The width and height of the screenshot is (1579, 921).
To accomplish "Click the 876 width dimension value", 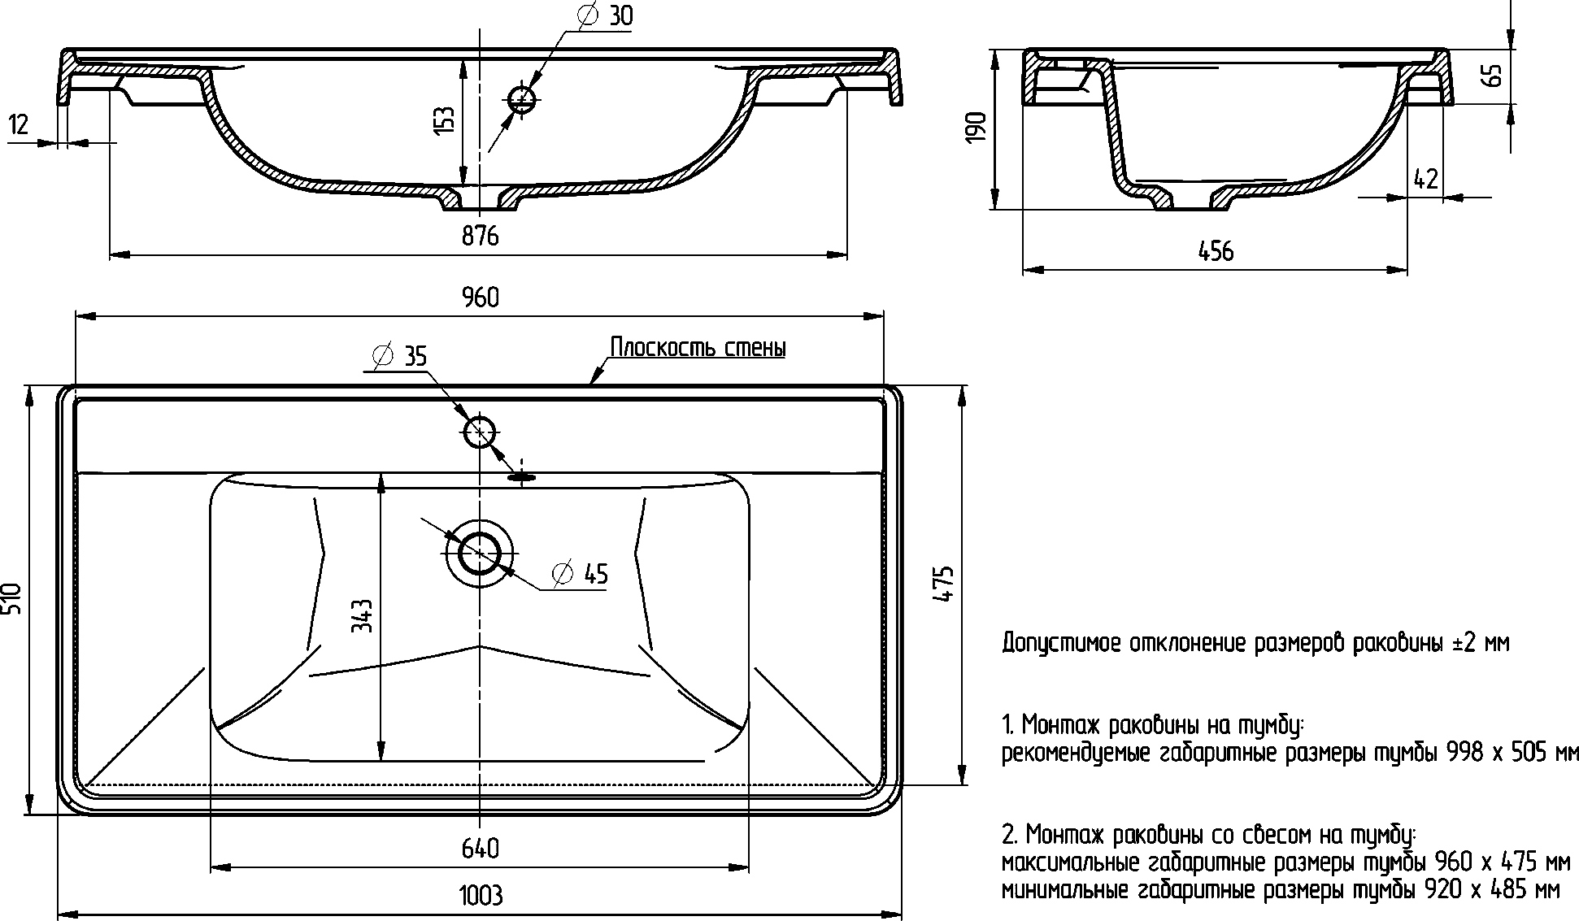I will [480, 236].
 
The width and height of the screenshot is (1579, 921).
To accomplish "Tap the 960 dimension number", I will [481, 298].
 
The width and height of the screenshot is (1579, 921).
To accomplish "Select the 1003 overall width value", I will [481, 896].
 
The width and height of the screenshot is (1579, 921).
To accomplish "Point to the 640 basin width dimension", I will [480, 849].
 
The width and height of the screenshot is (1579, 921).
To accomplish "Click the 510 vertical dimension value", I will [11, 599].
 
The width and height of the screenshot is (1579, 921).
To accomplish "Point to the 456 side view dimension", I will [1216, 251].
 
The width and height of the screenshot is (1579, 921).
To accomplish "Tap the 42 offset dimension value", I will [1425, 180].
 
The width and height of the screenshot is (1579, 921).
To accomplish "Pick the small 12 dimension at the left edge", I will [19, 124].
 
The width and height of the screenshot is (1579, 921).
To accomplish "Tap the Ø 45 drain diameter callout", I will [580, 574].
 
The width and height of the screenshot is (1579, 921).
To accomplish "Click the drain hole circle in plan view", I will [480, 553].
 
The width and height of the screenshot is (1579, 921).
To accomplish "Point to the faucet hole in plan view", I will [479, 432].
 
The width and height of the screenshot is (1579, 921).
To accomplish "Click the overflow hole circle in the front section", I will [522, 100].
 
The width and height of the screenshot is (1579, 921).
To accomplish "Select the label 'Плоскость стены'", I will [698, 348].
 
